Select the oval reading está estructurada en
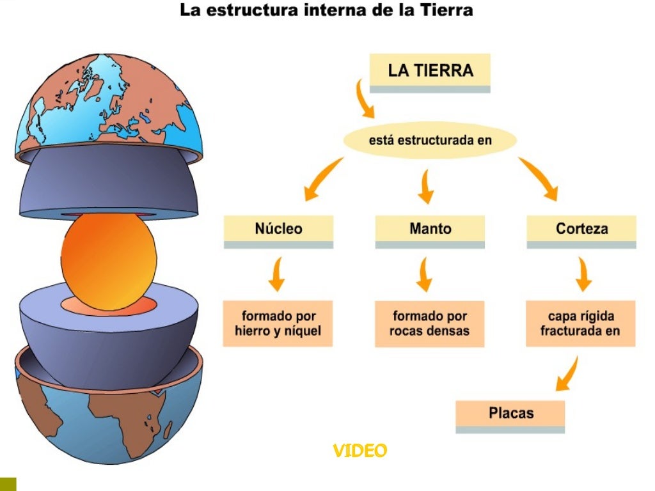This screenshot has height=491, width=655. pos(430,140)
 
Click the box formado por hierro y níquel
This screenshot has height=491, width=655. pos(278,323)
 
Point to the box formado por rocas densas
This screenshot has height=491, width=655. pos(429,323)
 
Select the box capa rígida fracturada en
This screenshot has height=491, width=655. pos(581,323)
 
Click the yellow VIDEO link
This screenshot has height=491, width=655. pos(359,451)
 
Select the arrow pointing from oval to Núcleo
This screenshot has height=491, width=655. pos(323,180)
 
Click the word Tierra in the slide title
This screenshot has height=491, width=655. pos(446,11)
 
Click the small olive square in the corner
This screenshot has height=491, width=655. pos(8,484)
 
